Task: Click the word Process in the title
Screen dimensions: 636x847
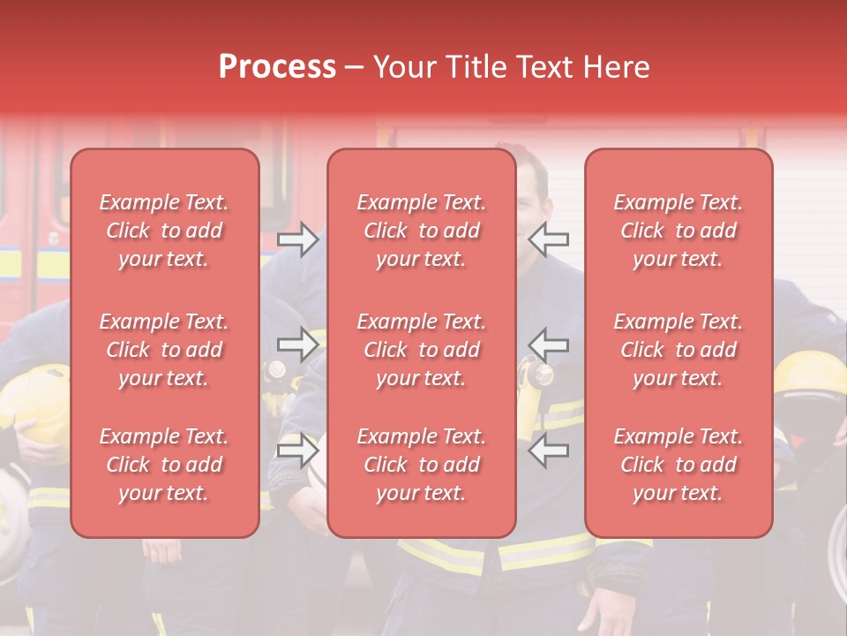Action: click(x=277, y=67)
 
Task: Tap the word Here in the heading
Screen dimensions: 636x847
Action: click(x=613, y=67)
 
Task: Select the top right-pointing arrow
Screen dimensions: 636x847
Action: click(x=298, y=238)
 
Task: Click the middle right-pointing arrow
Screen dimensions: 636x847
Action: click(x=298, y=344)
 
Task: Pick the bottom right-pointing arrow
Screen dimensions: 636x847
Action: click(x=298, y=450)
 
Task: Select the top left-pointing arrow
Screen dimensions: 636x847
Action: click(x=549, y=238)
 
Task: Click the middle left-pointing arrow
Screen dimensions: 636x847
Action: click(x=549, y=344)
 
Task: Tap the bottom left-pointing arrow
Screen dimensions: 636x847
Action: click(x=549, y=450)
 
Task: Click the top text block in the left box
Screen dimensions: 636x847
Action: click(x=164, y=231)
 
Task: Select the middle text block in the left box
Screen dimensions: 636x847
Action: click(x=164, y=350)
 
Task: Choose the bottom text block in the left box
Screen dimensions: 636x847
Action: click(x=164, y=465)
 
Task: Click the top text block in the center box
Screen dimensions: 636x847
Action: click(x=421, y=231)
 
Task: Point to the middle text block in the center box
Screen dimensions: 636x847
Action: click(x=421, y=350)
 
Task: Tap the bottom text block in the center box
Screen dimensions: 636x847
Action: click(x=421, y=465)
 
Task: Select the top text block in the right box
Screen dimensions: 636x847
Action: click(x=678, y=231)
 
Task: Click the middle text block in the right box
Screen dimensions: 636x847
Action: click(x=678, y=350)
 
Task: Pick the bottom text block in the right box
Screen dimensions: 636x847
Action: click(x=678, y=465)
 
